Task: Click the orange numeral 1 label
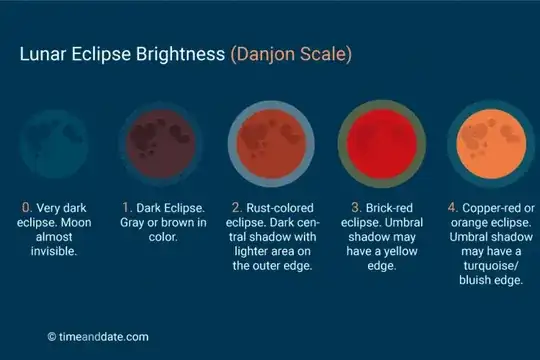tap(127, 207)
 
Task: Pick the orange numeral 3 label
tap(342, 207)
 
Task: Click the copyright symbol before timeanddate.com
tap(52, 337)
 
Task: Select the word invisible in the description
tap(57, 252)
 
